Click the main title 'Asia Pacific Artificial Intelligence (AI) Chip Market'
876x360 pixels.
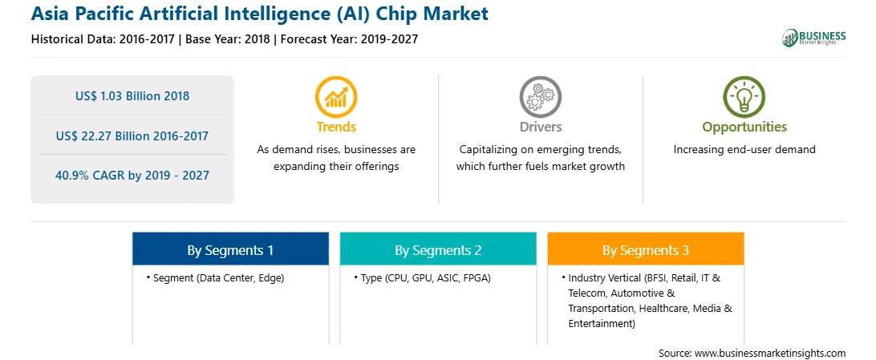click(260, 14)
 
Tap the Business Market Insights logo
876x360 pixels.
click(814, 38)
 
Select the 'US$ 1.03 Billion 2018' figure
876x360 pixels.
click(132, 96)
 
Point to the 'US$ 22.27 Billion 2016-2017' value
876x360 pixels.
click(132, 136)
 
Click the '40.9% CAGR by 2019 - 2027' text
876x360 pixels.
click(132, 176)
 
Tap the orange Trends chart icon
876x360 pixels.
click(336, 96)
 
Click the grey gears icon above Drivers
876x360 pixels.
click(540, 96)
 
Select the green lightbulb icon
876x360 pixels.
click(744, 96)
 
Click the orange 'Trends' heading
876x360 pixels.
click(336, 127)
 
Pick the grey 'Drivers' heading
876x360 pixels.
click(540, 127)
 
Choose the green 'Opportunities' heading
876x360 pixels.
click(744, 127)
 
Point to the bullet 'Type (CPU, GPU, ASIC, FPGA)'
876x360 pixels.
click(422, 278)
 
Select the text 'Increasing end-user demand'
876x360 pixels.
click(744, 150)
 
